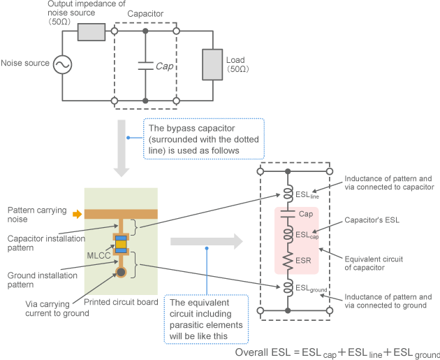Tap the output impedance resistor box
(91, 32)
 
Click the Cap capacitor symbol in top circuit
(145, 66)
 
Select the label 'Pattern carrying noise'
(36, 215)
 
